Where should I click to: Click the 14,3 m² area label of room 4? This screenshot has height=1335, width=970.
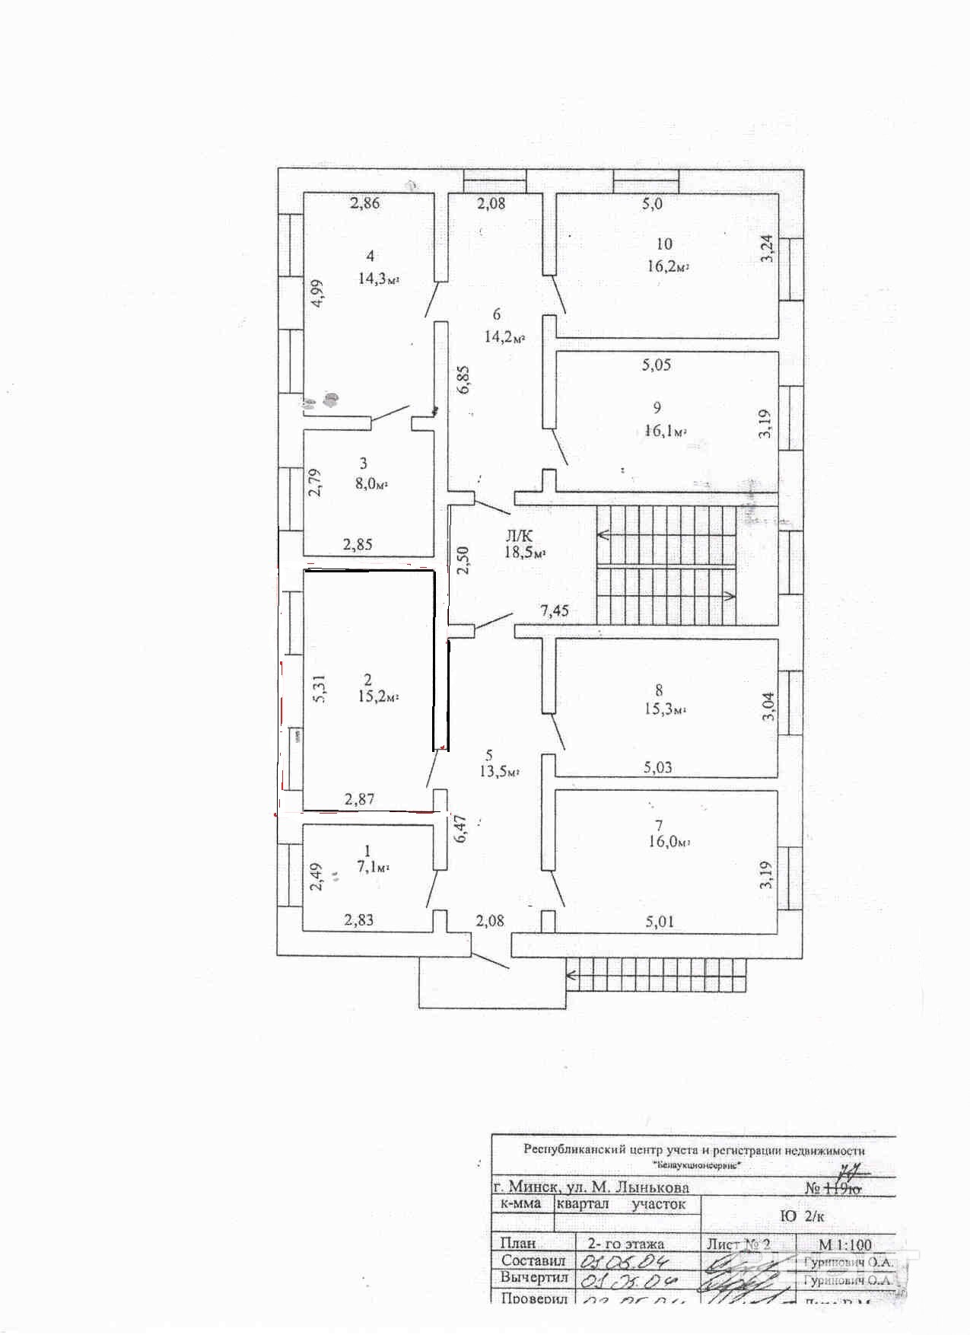[378, 279]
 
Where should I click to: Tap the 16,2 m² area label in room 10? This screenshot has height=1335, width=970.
[668, 267]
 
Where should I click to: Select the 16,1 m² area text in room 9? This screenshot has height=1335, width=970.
[665, 431]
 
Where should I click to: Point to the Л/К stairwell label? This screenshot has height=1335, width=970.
[520, 536]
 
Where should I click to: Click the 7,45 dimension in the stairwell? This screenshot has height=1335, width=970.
[555, 610]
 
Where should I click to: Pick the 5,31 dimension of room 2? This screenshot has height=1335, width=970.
[320, 689]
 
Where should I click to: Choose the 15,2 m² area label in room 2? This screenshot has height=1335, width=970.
[378, 696]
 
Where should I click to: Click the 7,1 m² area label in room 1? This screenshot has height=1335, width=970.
[373, 867]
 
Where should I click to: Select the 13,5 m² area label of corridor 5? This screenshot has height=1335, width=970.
[498, 771]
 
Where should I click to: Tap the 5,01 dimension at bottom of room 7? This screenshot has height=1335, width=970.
[660, 922]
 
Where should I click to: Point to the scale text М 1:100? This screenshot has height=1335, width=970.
[844, 1245]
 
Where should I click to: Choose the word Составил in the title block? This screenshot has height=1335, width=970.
[533, 1261]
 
